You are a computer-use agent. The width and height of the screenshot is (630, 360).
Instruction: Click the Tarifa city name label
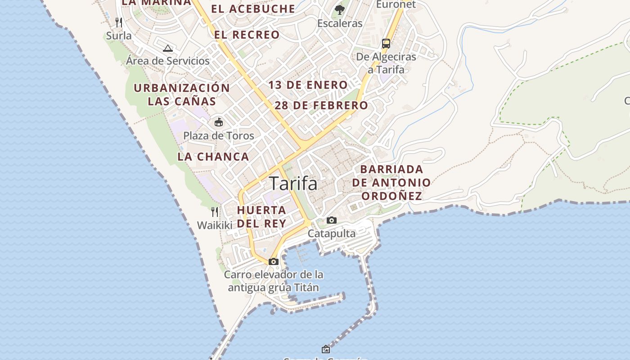click(293, 184)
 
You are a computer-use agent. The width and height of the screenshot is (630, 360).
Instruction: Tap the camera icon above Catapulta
click(332, 220)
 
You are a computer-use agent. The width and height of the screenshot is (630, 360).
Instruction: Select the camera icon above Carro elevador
click(273, 261)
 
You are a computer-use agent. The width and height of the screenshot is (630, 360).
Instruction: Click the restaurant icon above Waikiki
click(215, 211)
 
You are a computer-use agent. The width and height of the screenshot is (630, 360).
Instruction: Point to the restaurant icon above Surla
click(119, 22)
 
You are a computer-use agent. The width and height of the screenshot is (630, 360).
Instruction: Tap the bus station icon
click(386, 43)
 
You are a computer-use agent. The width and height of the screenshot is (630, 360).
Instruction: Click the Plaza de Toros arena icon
click(219, 122)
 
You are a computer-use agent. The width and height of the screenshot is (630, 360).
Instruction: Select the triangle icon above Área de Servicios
click(168, 48)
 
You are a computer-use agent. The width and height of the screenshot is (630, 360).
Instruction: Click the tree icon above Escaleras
click(340, 9)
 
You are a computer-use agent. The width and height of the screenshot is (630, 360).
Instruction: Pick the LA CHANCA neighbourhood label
click(213, 157)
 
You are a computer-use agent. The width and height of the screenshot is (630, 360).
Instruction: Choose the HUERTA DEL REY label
click(261, 216)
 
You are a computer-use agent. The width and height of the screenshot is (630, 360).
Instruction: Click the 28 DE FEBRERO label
click(321, 105)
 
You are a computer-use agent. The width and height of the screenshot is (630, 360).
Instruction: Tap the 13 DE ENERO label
click(308, 85)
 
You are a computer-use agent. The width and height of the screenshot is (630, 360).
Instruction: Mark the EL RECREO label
click(247, 35)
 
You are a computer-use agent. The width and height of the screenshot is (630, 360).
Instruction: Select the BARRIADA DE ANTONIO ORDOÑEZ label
click(391, 182)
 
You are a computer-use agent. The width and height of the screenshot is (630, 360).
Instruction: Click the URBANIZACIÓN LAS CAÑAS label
click(182, 94)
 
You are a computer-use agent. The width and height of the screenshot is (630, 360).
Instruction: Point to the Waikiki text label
click(215, 225)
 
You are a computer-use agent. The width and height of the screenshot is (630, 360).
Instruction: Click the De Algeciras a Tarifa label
click(386, 63)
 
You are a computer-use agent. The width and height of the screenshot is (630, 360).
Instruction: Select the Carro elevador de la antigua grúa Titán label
click(274, 281)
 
